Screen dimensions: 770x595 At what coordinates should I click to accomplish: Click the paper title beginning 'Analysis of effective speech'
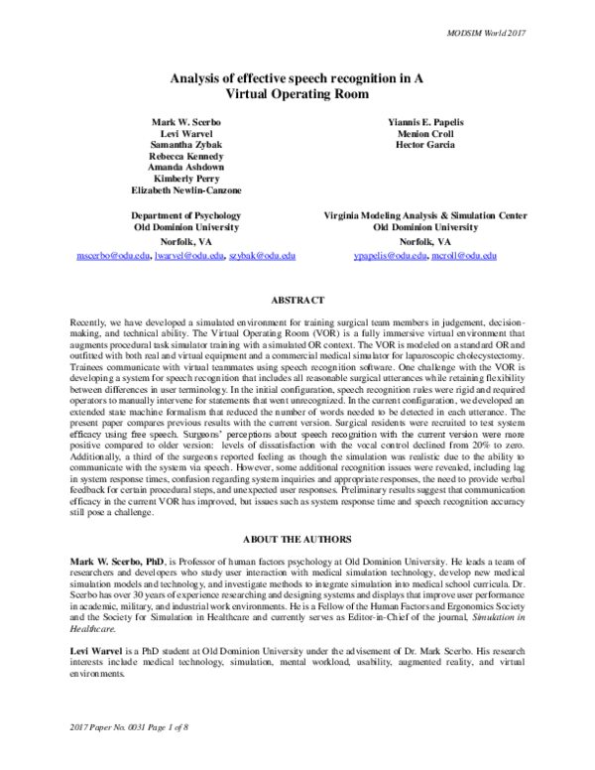point(297,84)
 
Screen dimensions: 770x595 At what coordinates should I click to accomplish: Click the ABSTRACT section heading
point(297,299)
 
